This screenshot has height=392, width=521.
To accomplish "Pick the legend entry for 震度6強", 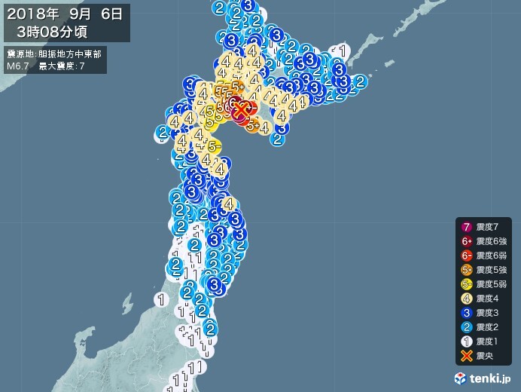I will tap(486, 241).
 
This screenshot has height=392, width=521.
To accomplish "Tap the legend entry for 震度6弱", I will tap(486, 256).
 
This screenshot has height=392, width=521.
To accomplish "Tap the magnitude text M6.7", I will tap(18, 66).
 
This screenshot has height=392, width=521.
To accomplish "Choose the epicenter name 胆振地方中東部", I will tap(72, 54).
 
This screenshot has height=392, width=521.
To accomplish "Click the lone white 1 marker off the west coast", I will tap(160, 299).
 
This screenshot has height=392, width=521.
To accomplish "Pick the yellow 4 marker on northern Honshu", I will tap(228, 203).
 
